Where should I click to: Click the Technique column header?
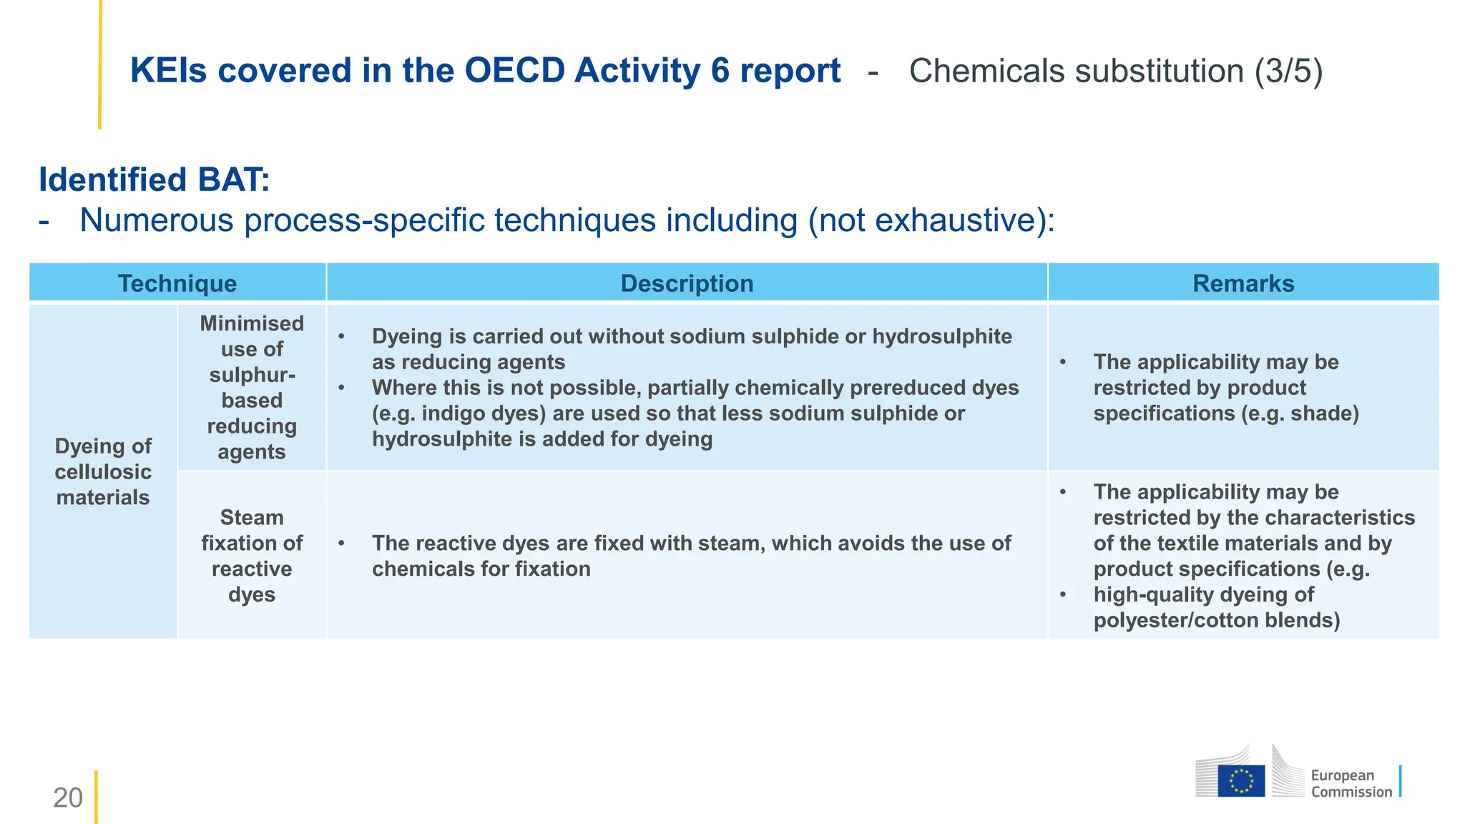(x=177, y=283)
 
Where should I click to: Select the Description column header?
(x=687, y=283)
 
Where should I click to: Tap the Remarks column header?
(x=1243, y=283)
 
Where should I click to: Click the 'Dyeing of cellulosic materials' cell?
(x=103, y=471)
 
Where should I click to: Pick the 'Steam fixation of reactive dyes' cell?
(x=252, y=556)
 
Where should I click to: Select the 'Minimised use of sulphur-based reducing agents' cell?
(x=252, y=387)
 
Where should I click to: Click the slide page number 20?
(x=68, y=798)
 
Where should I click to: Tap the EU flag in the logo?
(x=1241, y=780)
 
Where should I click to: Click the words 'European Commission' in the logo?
(x=1351, y=783)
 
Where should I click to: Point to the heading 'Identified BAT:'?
(x=154, y=180)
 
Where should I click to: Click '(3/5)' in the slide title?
(x=1288, y=72)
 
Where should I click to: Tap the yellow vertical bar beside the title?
(x=99, y=64)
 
